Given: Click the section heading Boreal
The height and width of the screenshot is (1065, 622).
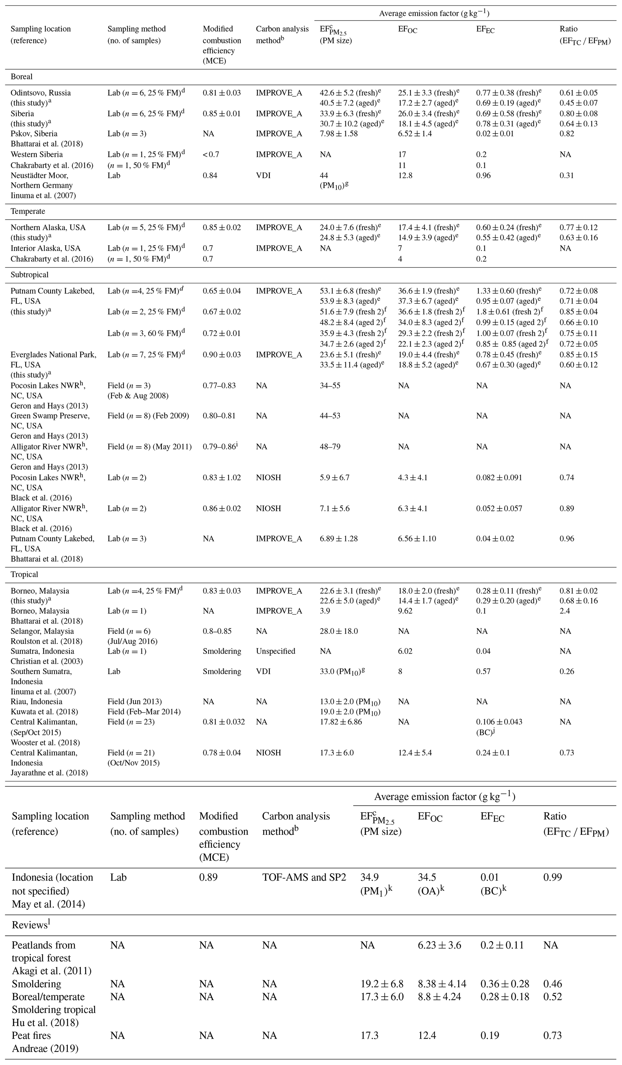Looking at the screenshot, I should tap(22, 76).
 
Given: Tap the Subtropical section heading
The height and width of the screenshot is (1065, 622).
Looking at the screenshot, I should tap(29, 275).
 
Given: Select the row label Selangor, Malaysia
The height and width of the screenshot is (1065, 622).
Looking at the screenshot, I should tap(42, 631).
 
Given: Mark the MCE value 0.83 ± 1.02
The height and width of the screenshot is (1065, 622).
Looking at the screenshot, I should tap(222, 478).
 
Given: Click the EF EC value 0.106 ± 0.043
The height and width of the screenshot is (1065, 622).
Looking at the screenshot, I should tap(499, 722).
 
